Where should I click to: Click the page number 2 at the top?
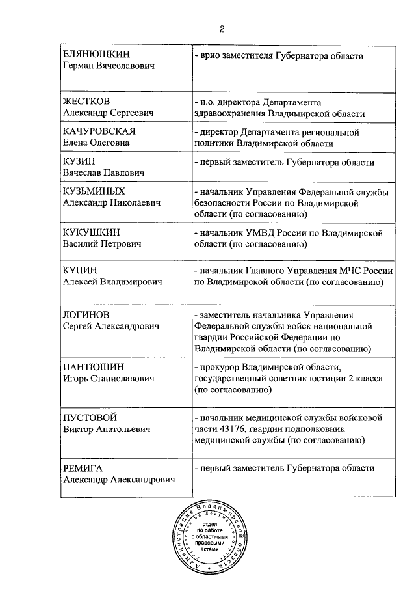[222, 29]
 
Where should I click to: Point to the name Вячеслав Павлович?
[101, 173]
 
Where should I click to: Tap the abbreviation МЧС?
[339, 271]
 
